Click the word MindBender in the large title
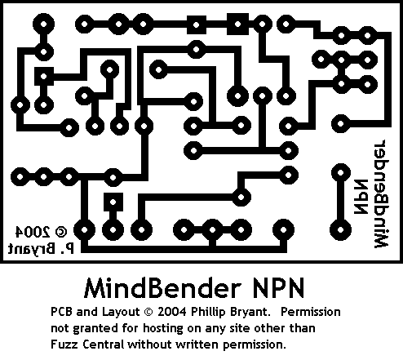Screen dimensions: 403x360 point(162,288)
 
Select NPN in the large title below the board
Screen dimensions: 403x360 point(278,288)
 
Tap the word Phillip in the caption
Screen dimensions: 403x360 point(208,312)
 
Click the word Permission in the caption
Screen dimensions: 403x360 point(311,312)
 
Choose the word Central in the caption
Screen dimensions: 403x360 point(104,344)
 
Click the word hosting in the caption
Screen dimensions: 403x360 point(163,328)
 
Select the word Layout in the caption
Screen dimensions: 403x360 point(121,312)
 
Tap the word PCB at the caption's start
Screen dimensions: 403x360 point(61,312)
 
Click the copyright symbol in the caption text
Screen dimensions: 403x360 point(148,312)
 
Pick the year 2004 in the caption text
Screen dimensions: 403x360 point(172,312)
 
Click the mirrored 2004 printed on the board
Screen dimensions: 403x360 point(33,231)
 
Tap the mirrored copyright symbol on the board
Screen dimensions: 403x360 point(61,231)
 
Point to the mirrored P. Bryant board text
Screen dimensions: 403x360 point(41,249)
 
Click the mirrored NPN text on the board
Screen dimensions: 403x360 point(361,197)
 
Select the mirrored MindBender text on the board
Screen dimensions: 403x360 point(381,193)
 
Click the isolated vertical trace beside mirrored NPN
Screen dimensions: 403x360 point(340,202)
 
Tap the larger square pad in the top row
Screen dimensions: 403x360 point(237,24)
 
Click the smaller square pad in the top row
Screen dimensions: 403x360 point(197,25)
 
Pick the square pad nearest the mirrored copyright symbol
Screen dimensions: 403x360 point(113,202)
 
